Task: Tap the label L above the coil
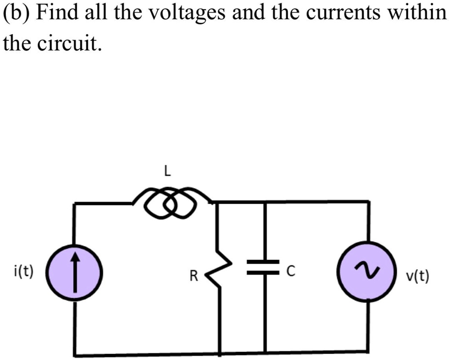166,171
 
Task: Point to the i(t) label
24,271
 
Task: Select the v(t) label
417,276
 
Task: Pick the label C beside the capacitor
290,272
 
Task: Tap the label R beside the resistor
194,277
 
